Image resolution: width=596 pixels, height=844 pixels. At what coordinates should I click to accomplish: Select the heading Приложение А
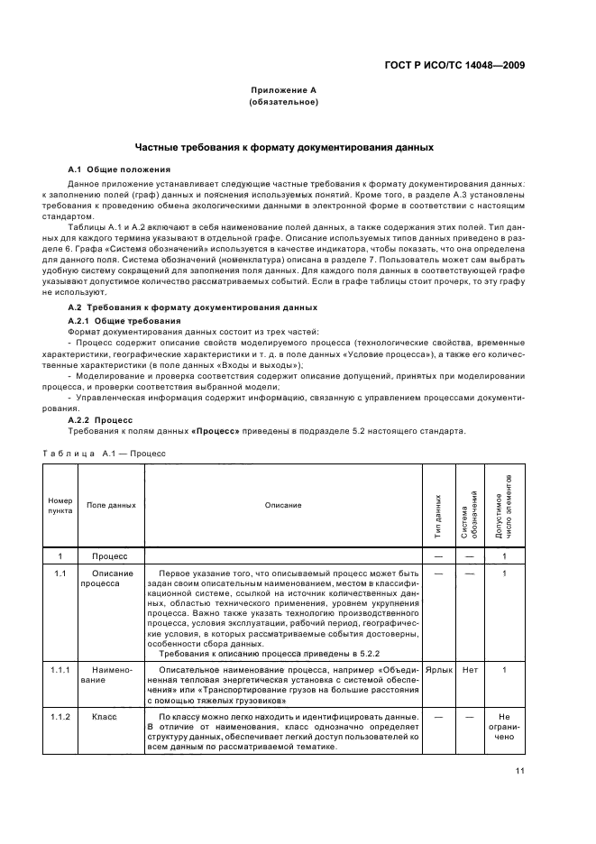[x=283, y=91]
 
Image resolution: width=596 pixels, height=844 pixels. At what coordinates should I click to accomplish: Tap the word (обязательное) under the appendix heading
[x=283, y=102]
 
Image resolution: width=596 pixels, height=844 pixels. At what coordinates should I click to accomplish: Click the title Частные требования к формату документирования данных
[x=284, y=146]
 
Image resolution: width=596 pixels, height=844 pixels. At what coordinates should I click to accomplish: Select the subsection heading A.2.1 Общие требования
[x=125, y=320]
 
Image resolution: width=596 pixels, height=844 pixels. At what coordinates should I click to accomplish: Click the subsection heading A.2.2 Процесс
[x=100, y=419]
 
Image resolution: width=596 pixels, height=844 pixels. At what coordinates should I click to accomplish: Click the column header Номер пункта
[x=60, y=504]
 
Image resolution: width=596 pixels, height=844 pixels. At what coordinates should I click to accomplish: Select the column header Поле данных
[x=111, y=505]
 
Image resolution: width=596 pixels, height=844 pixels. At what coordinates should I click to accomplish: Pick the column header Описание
[x=283, y=505]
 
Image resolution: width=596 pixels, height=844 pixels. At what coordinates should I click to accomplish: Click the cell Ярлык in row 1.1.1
[x=438, y=670]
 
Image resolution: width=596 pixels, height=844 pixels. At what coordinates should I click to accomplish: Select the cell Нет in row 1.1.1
[x=469, y=670]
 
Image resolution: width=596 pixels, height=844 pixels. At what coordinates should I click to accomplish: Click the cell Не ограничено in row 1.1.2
[x=504, y=726]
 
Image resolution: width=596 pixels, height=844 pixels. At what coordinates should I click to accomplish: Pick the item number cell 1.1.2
[x=60, y=714]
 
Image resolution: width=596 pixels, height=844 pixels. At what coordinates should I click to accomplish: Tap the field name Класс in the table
[x=105, y=714]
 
